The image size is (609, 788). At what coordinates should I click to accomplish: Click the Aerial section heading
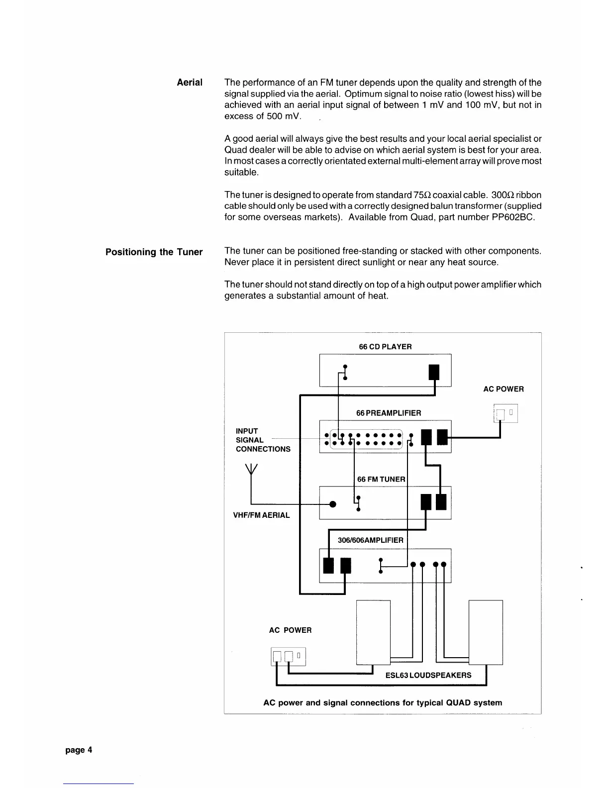click(190, 83)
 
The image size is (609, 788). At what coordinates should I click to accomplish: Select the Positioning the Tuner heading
click(154, 252)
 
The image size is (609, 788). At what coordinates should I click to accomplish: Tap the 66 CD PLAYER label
click(385, 347)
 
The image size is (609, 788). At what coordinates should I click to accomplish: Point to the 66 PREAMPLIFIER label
click(389, 413)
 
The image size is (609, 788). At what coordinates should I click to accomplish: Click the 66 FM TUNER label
click(381, 479)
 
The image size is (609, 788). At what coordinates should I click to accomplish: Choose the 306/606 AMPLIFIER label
click(370, 540)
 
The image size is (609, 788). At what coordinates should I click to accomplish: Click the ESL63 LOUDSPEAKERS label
click(428, 675)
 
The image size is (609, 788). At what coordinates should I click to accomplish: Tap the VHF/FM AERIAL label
click(261, 515)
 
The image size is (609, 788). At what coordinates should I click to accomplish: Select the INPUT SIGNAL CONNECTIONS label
click(263, 440)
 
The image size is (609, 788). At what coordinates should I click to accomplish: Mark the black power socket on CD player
click(434, 372)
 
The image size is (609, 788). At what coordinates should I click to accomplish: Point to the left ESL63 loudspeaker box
click(373, 632)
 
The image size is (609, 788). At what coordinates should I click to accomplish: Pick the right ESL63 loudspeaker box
click(486, 632)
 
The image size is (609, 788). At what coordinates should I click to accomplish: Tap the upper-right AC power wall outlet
click(506, 413)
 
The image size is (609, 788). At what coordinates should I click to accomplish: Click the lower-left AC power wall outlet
click(288, 657)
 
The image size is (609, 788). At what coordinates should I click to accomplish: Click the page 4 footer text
click(79, 750)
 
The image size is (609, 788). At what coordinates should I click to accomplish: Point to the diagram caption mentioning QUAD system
click(382, 703)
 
